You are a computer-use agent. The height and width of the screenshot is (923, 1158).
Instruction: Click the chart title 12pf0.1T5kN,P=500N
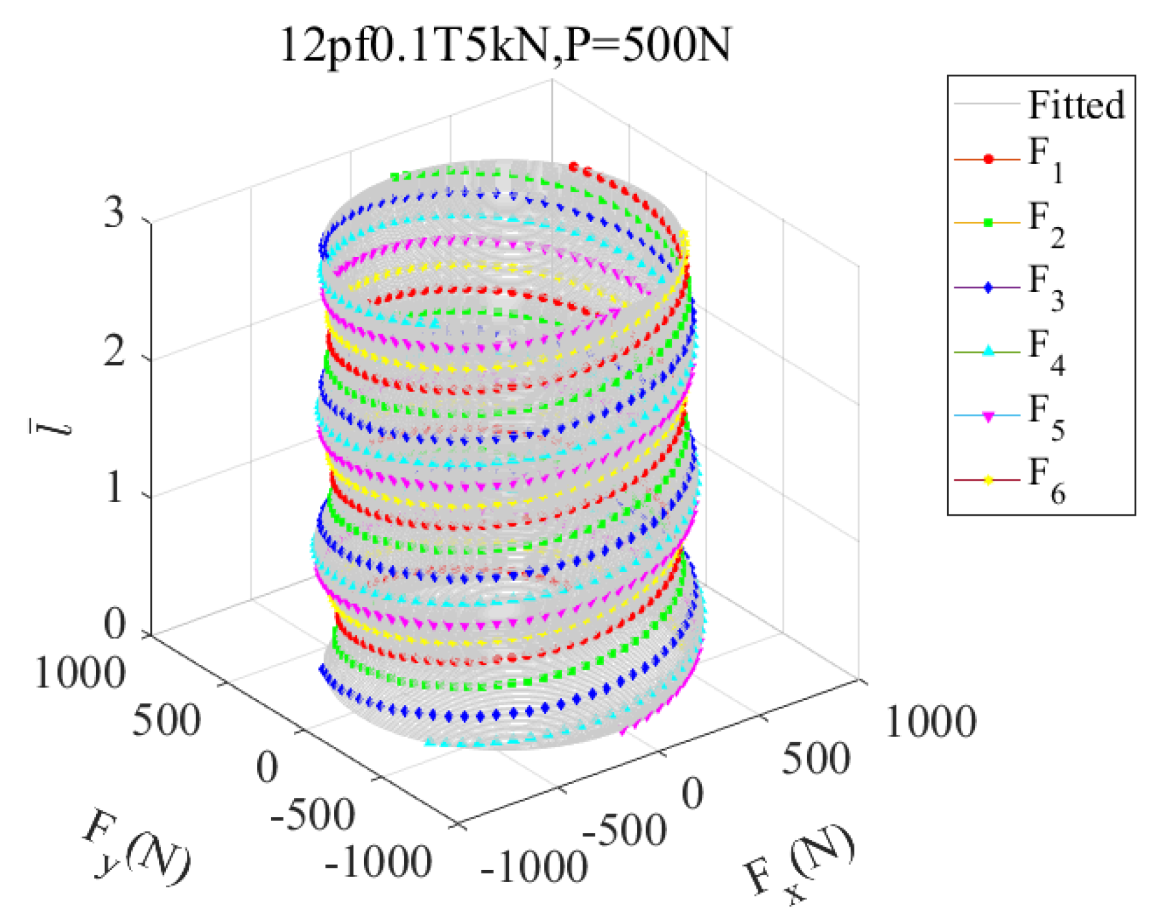(x=505, y=45)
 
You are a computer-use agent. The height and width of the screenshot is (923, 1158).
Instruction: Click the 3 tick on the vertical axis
(x=114, y=211)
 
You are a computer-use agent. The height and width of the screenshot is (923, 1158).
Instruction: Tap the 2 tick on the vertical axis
(x=114, y=352)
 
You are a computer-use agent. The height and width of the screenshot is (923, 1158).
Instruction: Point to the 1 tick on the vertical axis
(x=114, y=487)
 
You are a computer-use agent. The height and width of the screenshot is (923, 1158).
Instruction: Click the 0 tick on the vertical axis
(x=114, y=624)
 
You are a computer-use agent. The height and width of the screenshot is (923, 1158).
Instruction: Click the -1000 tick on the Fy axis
(x=378, y=863)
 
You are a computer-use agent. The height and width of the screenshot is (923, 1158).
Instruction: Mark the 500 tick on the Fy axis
(x=166, y=720)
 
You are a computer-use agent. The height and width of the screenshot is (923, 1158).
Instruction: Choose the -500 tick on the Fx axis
(x=624, y=830)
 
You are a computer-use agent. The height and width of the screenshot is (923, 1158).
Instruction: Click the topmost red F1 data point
(x=573, y=167)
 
